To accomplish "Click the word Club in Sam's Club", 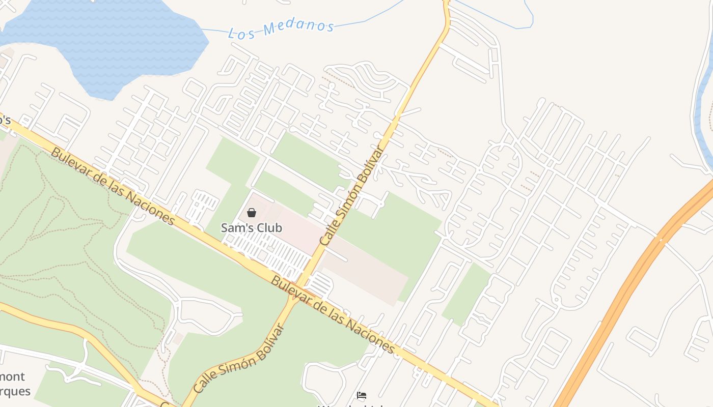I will point(269,228).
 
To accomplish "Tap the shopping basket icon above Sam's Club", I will point(252,213).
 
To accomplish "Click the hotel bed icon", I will point(362,395).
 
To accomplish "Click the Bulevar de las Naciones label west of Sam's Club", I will point(113,186).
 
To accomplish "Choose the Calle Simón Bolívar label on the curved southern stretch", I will point(238,359).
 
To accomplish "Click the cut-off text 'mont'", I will point(12,377).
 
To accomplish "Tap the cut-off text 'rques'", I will point(15,391).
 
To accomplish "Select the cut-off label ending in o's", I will point(5,121).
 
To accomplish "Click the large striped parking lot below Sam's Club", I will point(270,254).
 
